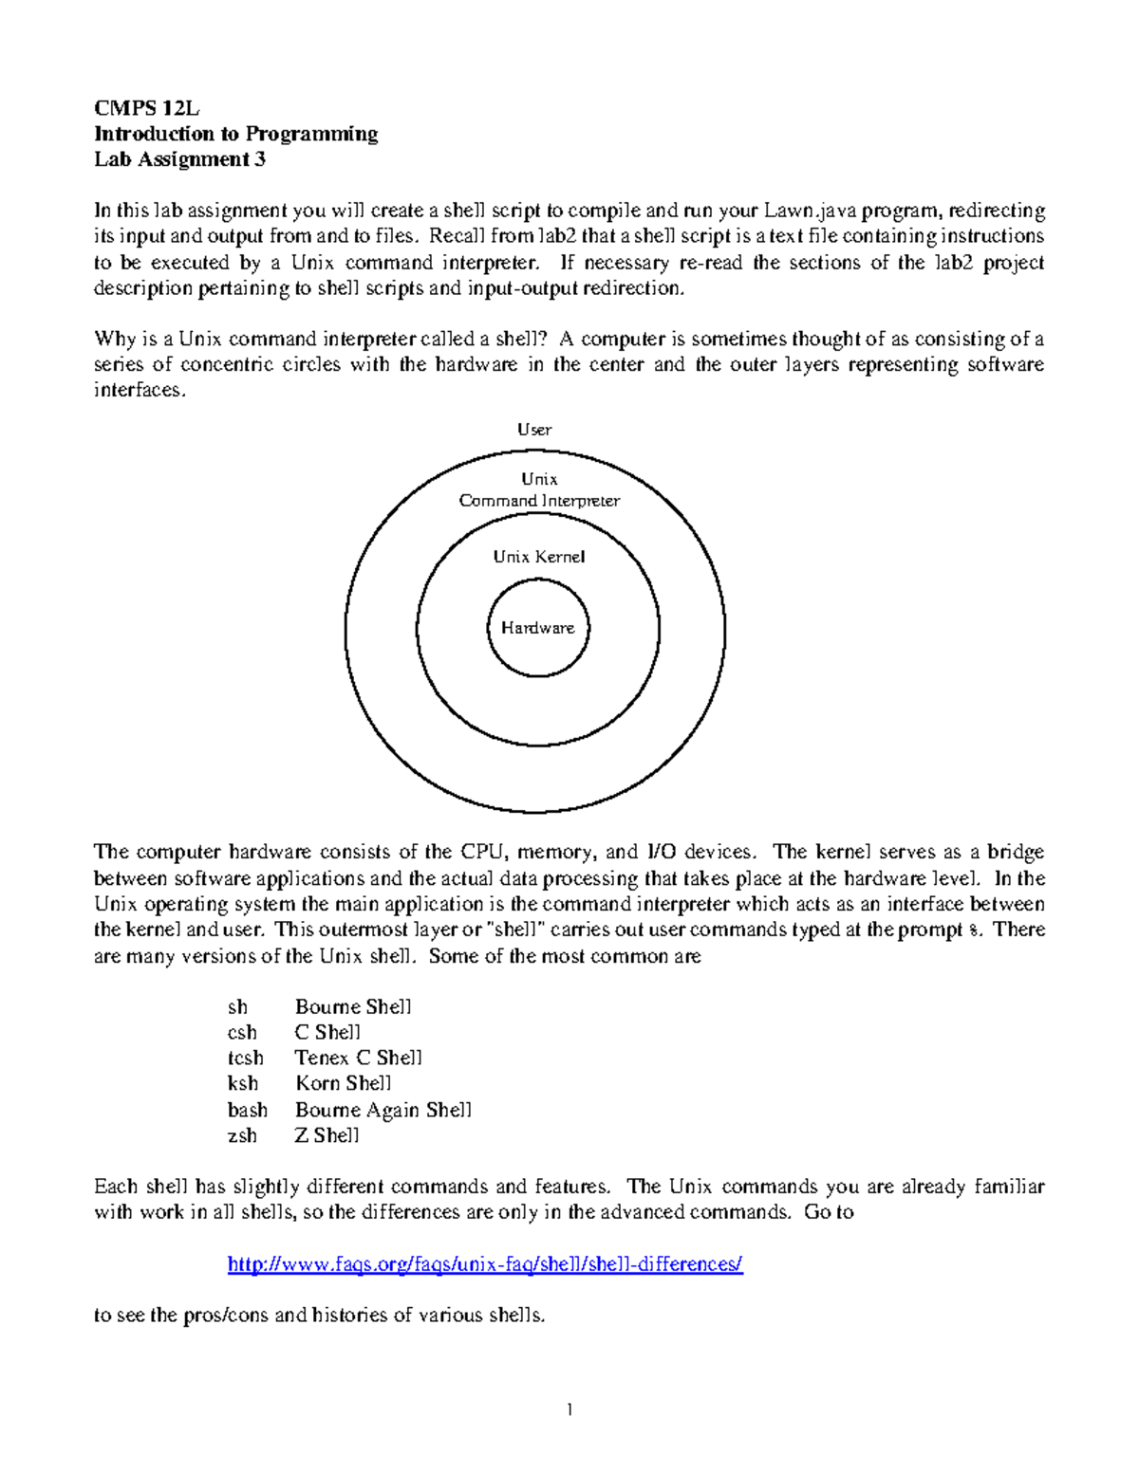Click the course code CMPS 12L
pos(147,107)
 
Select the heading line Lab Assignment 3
pos(179,159)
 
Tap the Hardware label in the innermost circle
pos(537,628)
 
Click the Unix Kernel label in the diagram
pos(538,557)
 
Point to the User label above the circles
pos(534,430)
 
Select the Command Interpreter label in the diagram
pos(539,501)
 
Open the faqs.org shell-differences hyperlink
pos(485,1264)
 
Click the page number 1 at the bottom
pos(569,1409)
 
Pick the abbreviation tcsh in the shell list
pos(245,1058)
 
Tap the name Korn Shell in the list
pos(343,1083)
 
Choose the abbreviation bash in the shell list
pos(247,1110)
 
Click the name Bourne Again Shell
pos(383,1110)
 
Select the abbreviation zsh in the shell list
pos(242,1135)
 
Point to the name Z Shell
pos(327,1135)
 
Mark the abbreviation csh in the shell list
pos(242,1032)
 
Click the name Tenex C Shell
pos(358,1058)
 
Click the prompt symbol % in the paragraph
pos(974,930)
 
